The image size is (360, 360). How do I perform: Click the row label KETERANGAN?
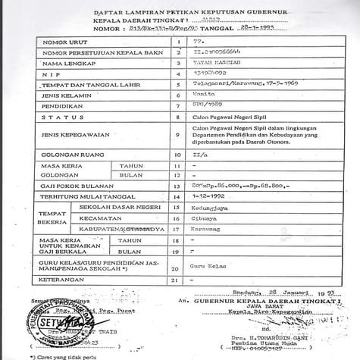pos(64,280)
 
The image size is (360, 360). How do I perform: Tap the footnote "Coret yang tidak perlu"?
pos(58,356)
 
